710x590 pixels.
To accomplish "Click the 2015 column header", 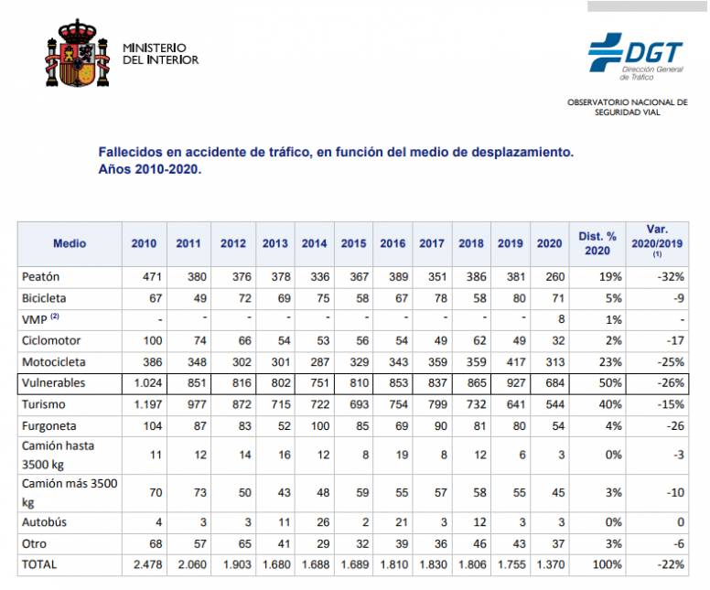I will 353,243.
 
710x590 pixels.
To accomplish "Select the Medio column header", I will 70,243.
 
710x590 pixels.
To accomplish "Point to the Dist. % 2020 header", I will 597,243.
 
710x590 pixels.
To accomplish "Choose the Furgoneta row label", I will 48,426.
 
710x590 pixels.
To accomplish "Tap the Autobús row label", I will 46,522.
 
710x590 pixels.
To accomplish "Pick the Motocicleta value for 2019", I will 510,361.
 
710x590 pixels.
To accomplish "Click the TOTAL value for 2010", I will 144,564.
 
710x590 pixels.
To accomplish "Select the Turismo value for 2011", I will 188,403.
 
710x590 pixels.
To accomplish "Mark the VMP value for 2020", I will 548,319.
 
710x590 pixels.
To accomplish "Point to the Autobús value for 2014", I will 315,522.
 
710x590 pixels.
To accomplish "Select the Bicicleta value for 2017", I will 432,297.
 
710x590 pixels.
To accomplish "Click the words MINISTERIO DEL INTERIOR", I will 160,54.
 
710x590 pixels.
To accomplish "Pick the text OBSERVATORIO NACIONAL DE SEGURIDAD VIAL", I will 627,106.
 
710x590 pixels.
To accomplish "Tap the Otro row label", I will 34,543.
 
